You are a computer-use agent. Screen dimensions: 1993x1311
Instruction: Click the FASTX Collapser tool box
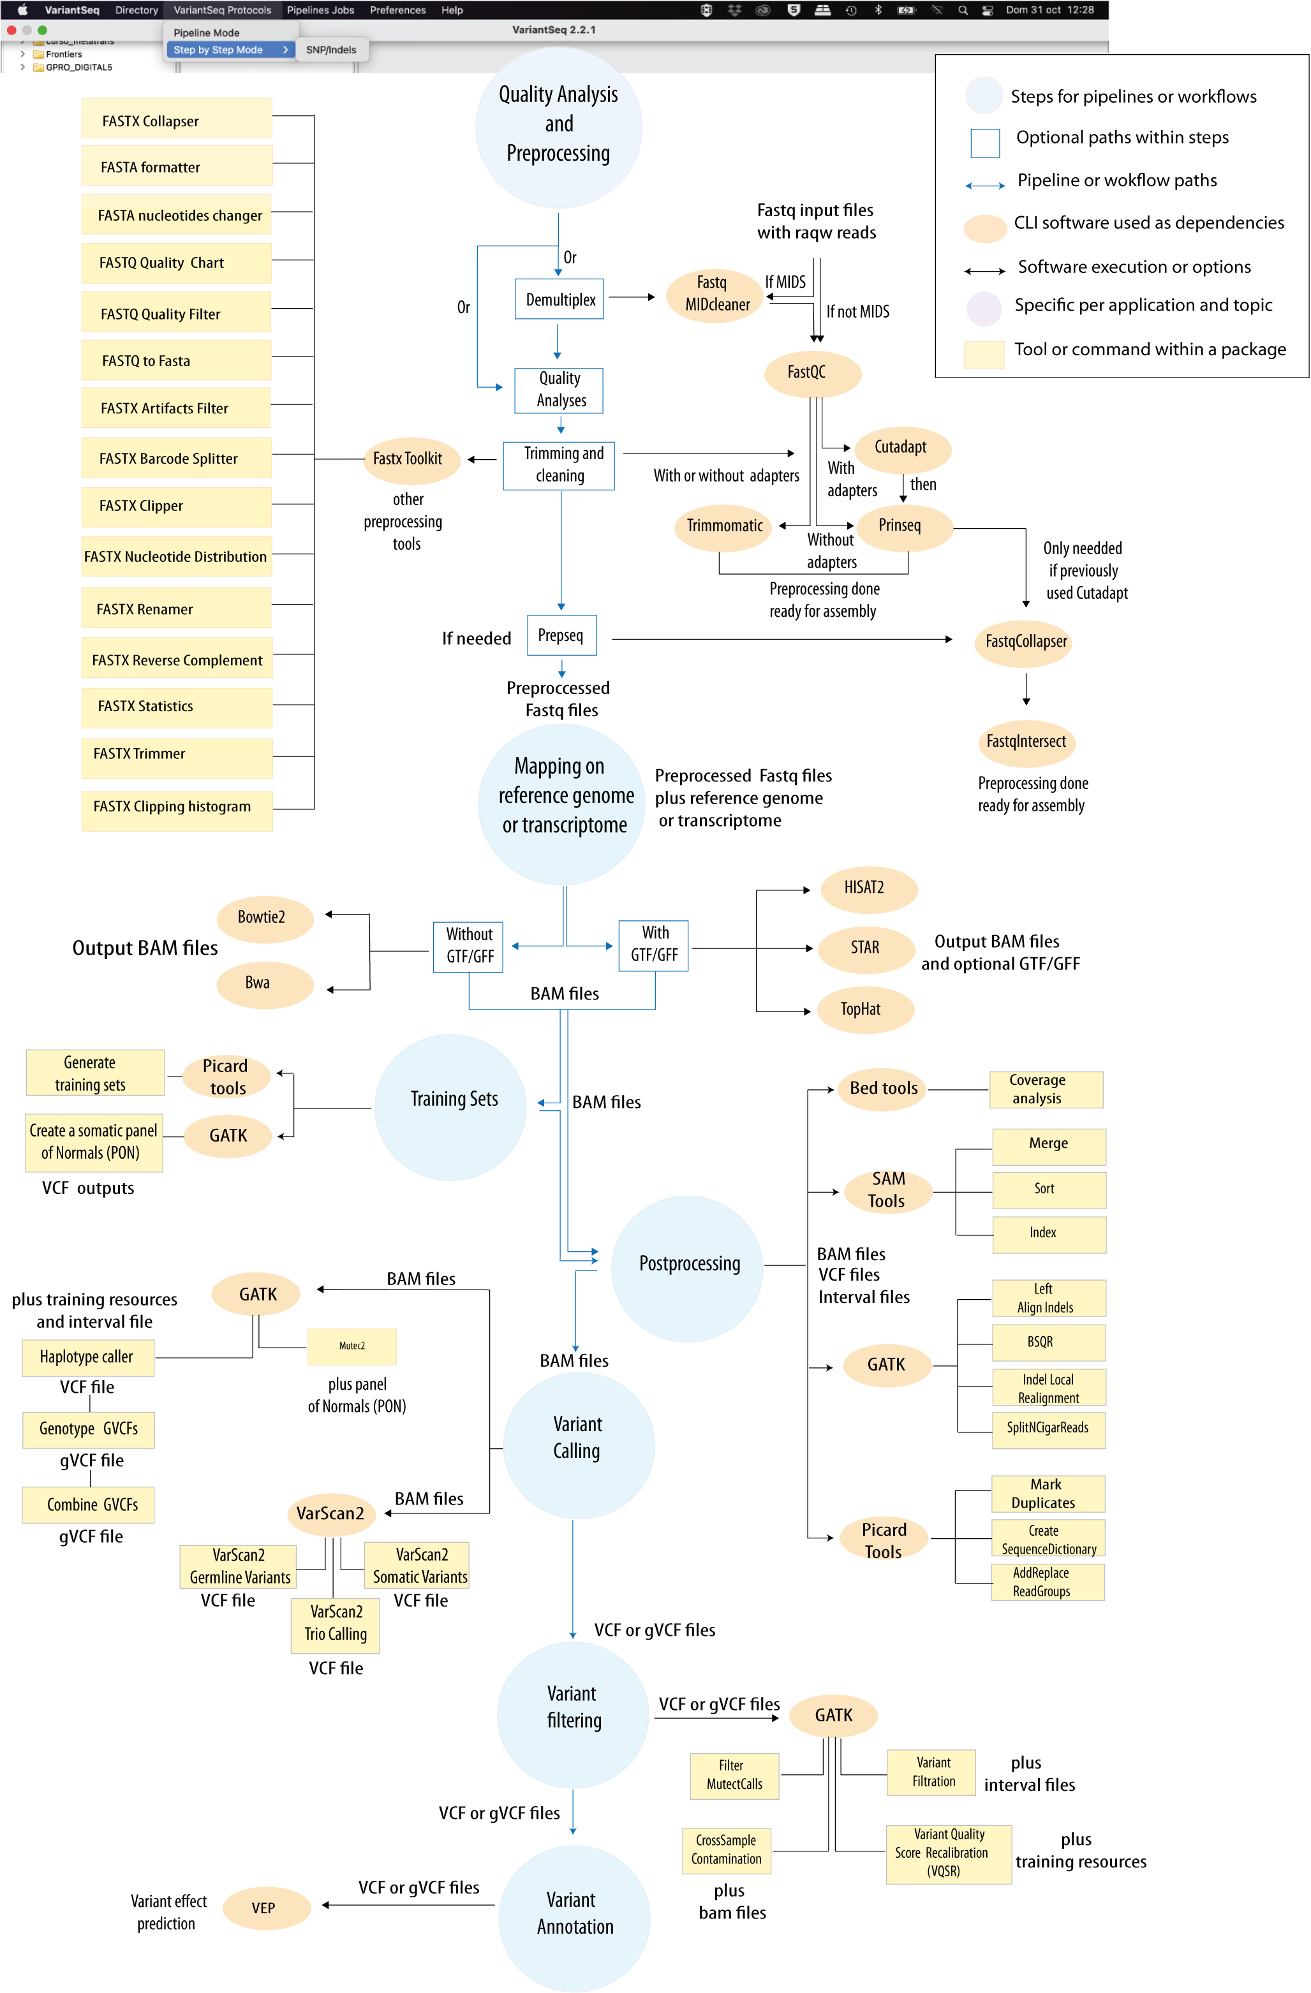coord(177,120)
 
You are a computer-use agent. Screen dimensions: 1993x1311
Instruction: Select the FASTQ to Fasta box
coord(177,360)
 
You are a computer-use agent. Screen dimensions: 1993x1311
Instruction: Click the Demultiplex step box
coord(559,299)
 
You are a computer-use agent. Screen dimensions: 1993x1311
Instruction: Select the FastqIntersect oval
coord(1026,741)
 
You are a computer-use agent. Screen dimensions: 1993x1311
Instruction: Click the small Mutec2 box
coord(352,1346)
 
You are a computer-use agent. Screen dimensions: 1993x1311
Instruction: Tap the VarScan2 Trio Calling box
coord(335,1623)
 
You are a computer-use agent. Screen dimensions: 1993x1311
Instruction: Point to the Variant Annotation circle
coord(574,1913)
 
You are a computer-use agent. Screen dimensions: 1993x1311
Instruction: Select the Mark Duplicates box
coord(1047,1493)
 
